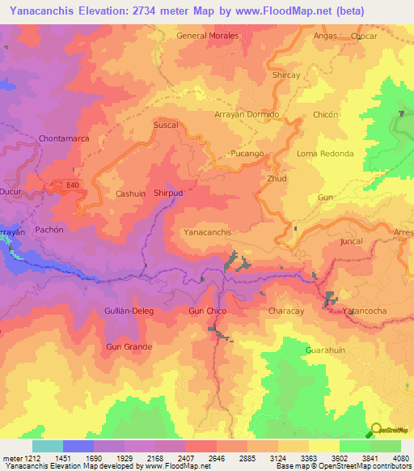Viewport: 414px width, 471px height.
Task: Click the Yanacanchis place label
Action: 208,232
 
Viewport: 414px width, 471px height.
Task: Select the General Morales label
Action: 208,36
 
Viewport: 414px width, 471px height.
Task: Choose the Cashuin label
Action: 130,194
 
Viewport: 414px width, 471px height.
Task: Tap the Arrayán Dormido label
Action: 246,115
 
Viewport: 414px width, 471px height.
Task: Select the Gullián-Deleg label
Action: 129,311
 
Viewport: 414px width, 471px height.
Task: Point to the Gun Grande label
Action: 129,346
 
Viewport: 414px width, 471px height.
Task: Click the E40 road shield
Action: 74,185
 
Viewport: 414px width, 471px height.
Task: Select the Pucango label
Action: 247,153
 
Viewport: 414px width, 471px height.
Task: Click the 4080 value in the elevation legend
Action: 400,458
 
